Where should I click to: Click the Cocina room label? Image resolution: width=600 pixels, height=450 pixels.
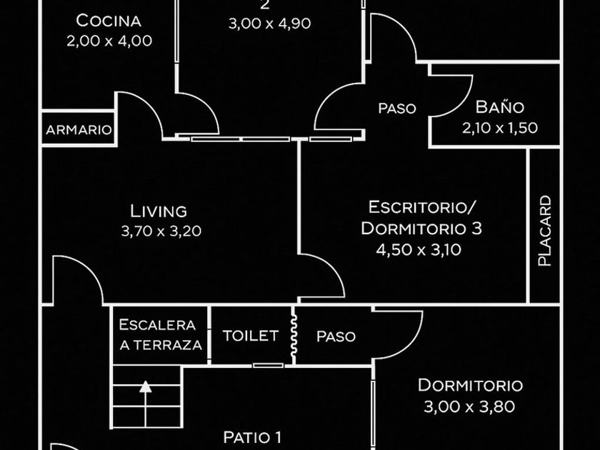pos(109,20)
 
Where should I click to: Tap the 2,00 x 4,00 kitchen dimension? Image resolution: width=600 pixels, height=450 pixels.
pos(109,41)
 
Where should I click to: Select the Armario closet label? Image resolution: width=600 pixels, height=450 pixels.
pos(79,130)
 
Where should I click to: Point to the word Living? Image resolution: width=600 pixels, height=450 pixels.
pos(159,211)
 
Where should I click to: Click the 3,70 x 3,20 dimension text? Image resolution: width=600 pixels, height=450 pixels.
pos(161,231)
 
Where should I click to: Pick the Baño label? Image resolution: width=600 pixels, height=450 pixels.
pos(500,106)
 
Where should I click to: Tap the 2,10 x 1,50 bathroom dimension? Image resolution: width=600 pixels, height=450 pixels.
pos(500,128)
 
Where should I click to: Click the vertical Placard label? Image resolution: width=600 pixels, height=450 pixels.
pos(544,231)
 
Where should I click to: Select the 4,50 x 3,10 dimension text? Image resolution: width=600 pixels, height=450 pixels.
pos(419,250)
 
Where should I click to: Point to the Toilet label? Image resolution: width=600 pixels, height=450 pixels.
pos(251,336)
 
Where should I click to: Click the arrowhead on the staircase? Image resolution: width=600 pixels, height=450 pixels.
pos(146,386)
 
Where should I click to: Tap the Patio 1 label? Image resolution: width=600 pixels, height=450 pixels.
pos(252,437)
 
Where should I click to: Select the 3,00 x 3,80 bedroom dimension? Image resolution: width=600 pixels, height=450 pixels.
pos(469,406)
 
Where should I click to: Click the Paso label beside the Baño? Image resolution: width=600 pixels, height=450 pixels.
pos(397,109)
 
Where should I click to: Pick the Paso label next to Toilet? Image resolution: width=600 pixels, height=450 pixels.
pos(336,336)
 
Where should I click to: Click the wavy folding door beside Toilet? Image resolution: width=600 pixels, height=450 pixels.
pos(294,336)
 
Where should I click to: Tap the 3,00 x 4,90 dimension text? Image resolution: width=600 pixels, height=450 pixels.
pos(269,24)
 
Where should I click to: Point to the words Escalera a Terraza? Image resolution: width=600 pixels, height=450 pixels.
pos(160,335)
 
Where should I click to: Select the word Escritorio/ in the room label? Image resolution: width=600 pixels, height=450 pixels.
pos(422,207)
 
